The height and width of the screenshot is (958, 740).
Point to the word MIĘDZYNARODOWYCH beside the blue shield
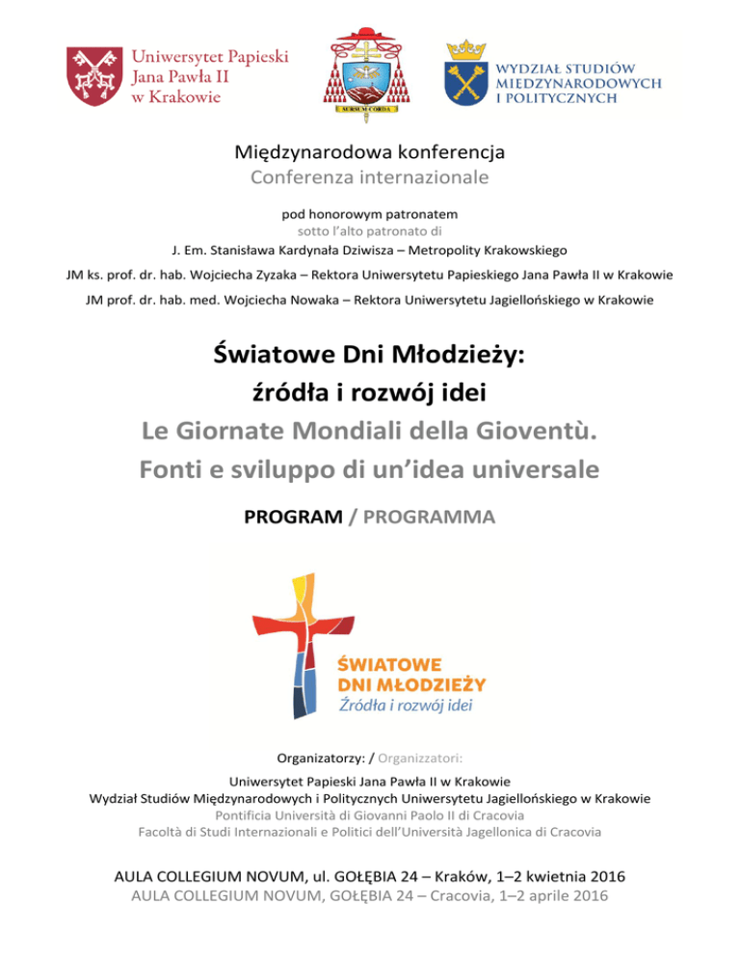click(x=579, y=85)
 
